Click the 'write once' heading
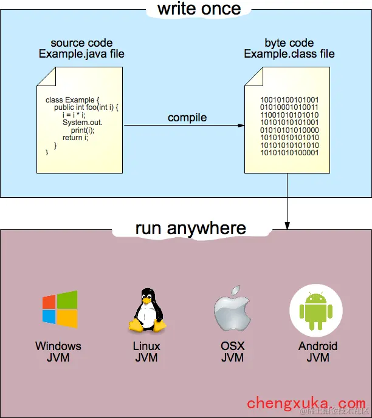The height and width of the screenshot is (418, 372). (199, 9)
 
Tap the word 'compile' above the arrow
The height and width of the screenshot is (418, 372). (187, 117)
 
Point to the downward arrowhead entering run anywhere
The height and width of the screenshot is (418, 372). (288, 225)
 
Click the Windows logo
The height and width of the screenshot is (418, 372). (60, 309)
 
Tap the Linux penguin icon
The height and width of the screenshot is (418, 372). (146, 310)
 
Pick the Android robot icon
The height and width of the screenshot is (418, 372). (317, 310)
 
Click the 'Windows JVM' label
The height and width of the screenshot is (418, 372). (58, 352)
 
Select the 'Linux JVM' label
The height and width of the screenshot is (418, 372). (146, 352)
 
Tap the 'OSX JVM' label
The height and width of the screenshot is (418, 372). (232, 352)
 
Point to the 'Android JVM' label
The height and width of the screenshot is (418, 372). (317, 352)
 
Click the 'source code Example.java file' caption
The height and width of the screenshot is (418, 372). (81, 49)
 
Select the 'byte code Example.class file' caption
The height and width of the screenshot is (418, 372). (289, 49)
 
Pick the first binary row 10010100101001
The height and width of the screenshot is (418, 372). (289, 99)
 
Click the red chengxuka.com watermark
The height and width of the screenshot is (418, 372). (306, 403)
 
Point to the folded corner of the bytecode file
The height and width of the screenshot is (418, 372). (253, 75)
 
